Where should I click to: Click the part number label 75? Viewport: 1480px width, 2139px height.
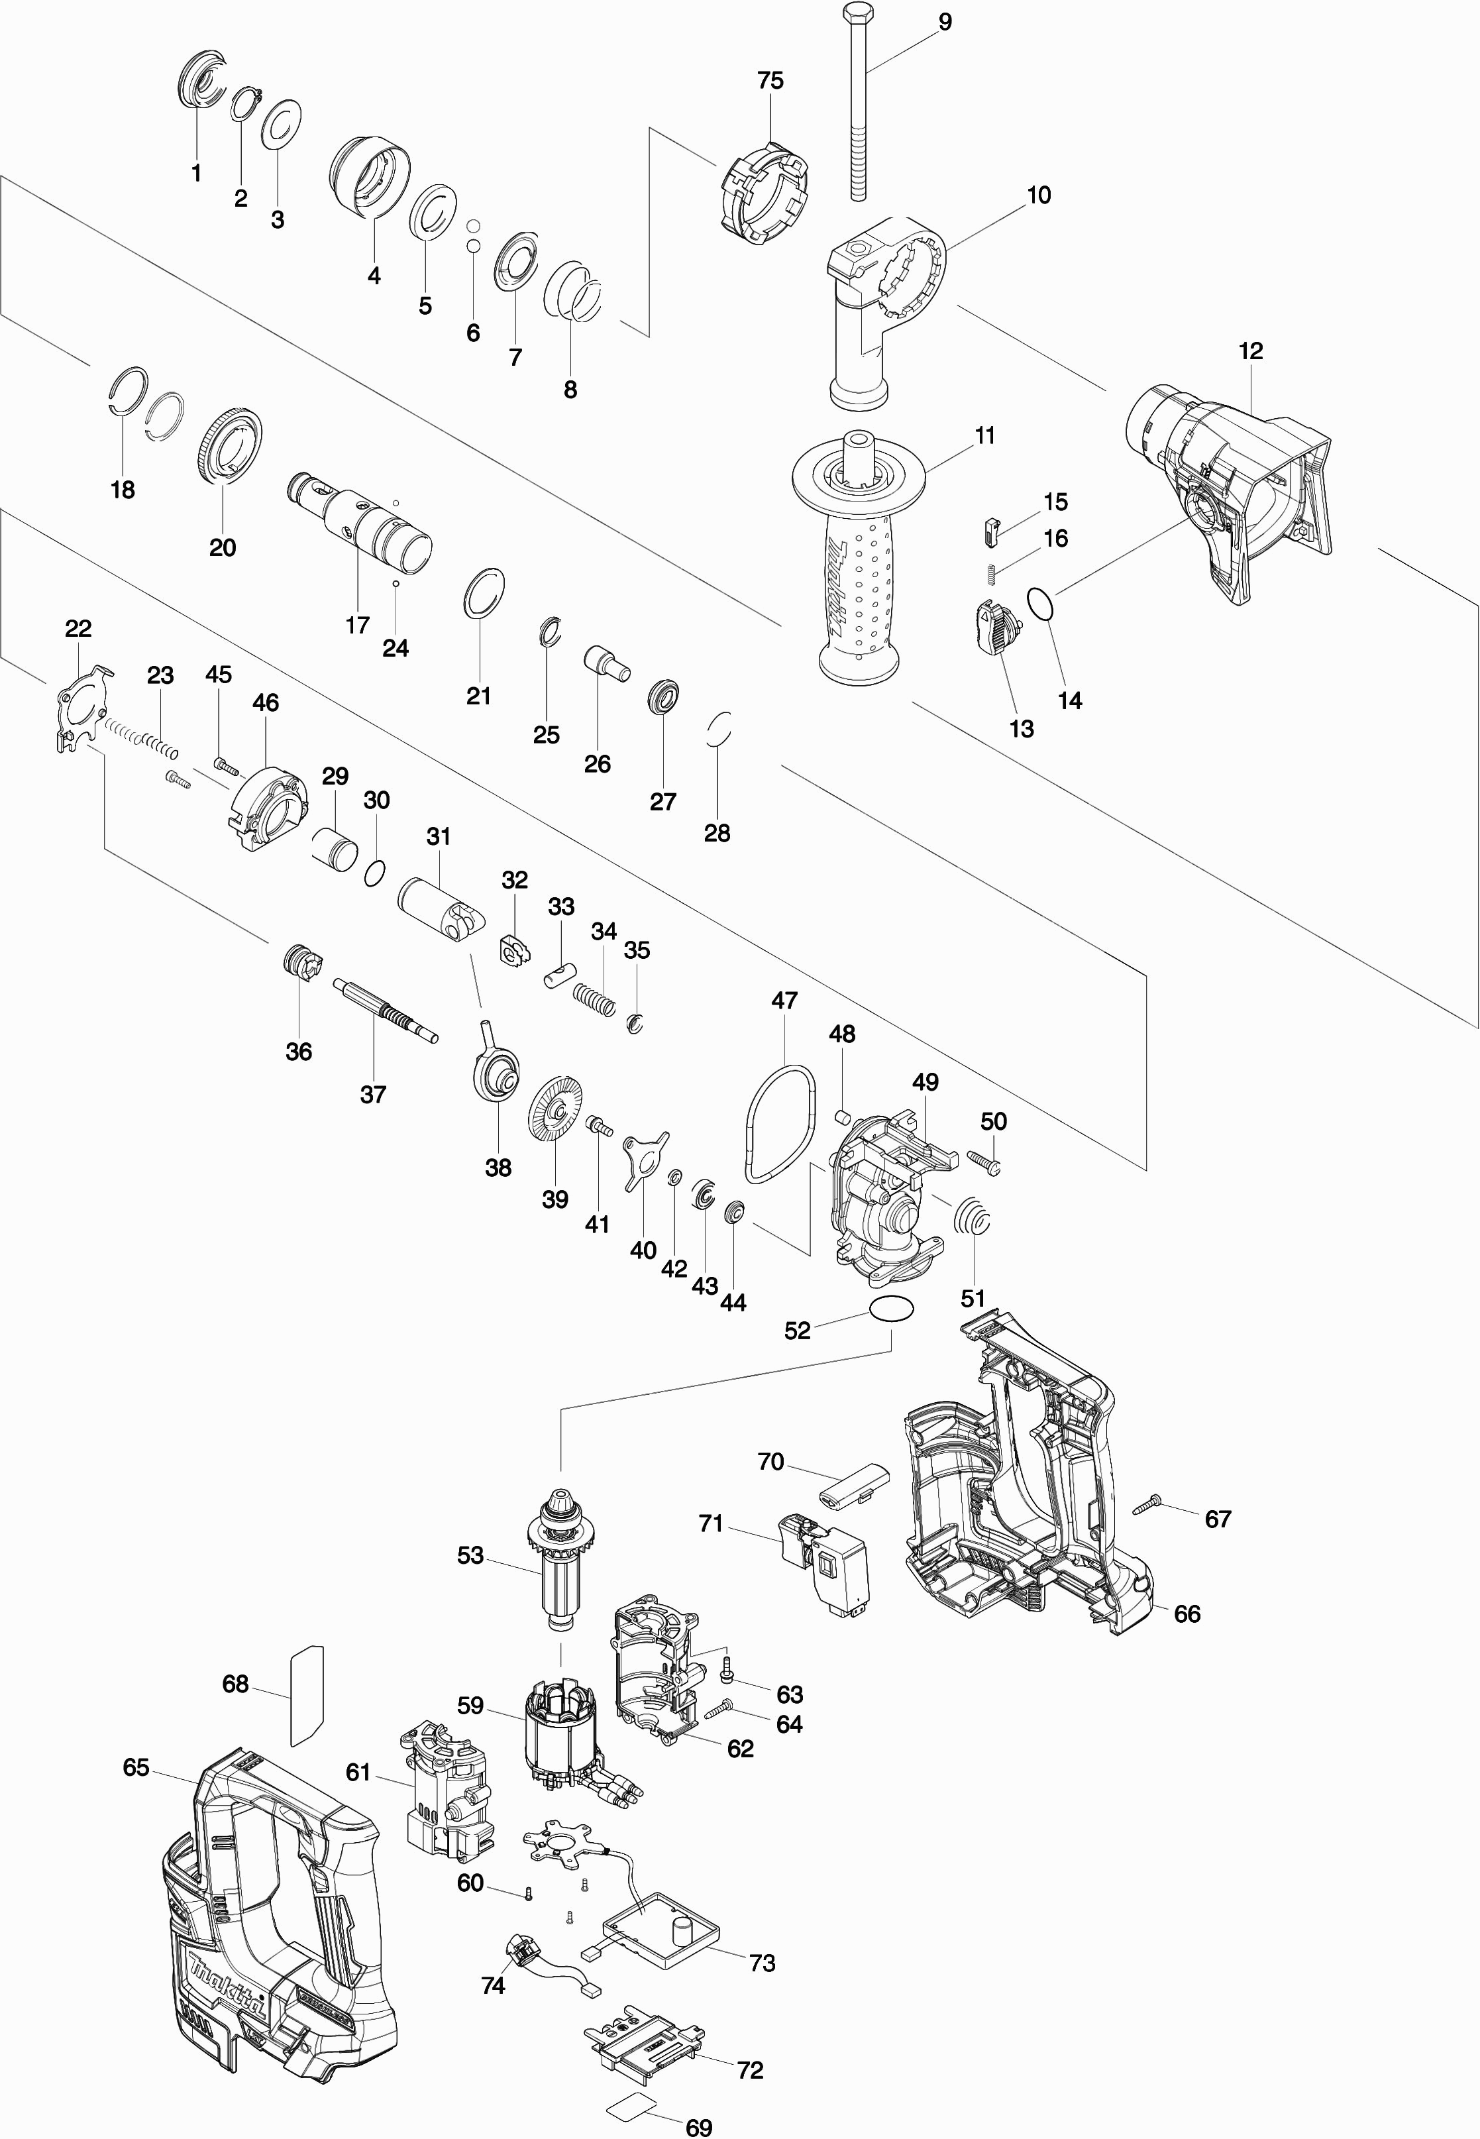(770, 81)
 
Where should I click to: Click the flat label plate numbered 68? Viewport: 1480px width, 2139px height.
(306, 1694)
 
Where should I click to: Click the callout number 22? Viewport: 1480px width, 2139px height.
(78, 628)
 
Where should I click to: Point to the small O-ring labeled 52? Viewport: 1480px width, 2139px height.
(891, 1309)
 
